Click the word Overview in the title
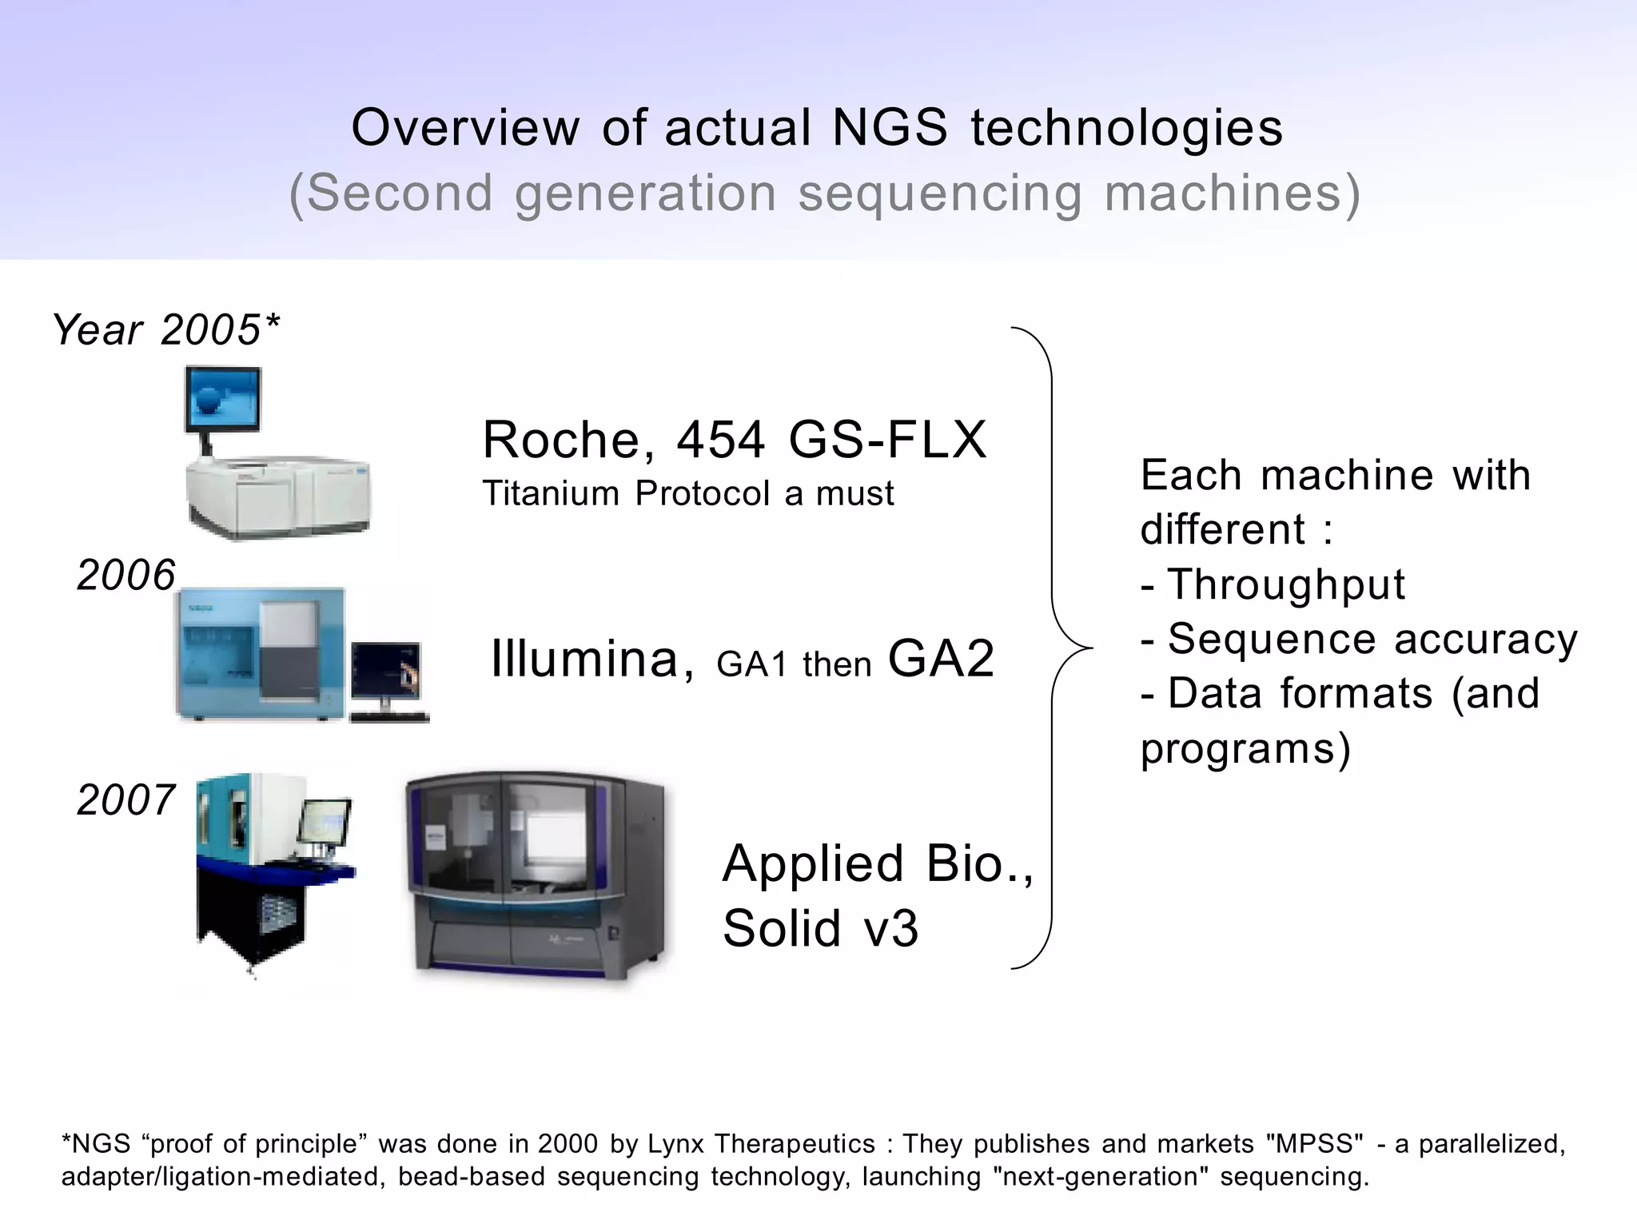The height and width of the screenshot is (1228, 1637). (x=465, y=128)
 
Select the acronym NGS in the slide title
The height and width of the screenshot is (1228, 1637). (x=890, y=128)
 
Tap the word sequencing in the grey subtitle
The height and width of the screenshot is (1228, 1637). (x=940, y=194)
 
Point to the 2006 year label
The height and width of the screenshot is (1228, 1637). (x=125, y=575)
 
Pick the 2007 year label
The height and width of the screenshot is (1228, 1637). (x=125, y=799)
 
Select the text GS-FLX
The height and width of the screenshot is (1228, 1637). (x=887, y=440)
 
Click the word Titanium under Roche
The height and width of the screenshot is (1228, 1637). (x=551, y=494)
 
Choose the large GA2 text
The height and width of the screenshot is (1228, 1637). (x=941, y=659)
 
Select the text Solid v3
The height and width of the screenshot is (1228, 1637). (x=820, y=928)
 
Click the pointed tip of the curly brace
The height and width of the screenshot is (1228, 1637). (x=1090, y=648)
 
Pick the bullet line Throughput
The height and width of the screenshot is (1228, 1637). (x=1273, y=584)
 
